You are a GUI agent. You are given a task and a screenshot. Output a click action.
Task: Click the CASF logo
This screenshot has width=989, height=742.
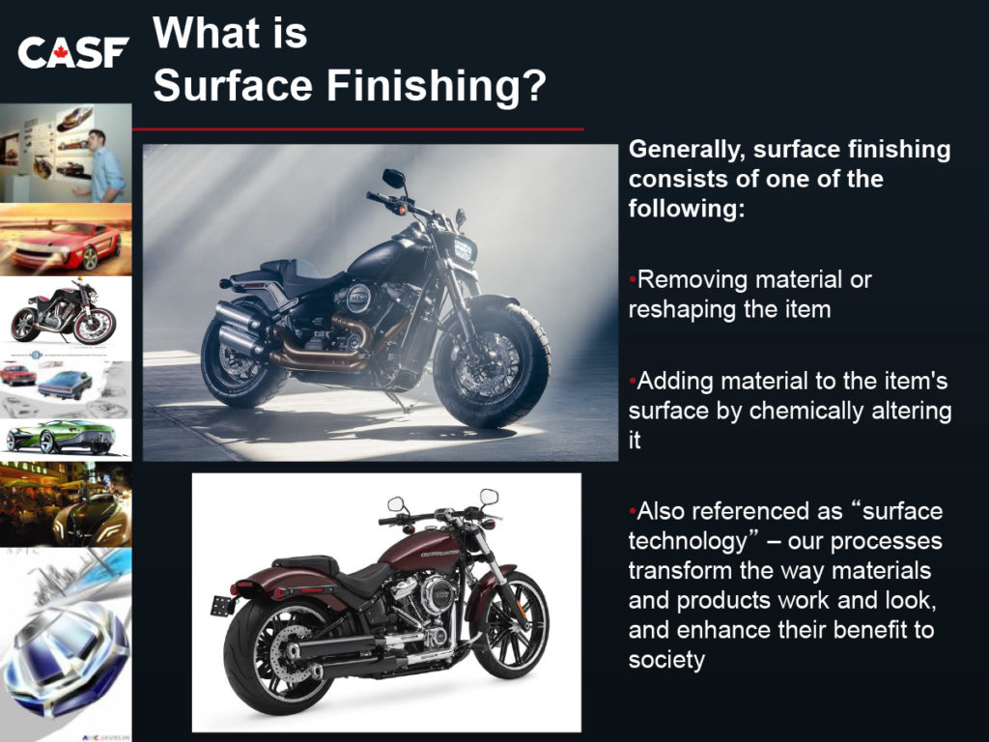73,52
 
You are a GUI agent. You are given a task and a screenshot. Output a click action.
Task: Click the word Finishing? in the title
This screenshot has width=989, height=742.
436,86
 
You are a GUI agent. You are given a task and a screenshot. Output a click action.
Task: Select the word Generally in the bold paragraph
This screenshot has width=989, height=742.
687,151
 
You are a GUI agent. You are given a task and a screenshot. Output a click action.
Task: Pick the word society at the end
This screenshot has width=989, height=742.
666,661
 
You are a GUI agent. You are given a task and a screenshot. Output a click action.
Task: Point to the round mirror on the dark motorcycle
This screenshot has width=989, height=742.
394,179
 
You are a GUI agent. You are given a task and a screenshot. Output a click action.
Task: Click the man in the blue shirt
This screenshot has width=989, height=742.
102,165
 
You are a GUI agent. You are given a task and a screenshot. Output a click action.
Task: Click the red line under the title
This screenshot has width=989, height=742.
357,129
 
